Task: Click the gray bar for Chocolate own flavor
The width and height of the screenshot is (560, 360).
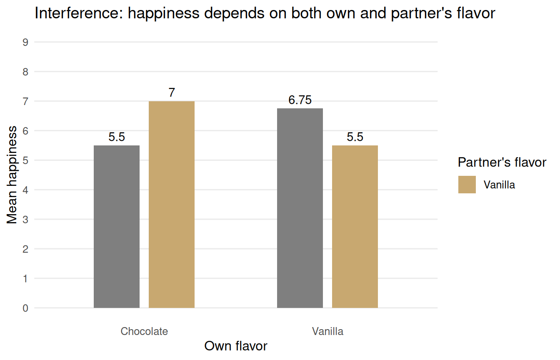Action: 117,227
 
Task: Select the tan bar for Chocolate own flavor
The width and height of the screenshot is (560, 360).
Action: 172,205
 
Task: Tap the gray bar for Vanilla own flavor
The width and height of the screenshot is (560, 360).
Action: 300,208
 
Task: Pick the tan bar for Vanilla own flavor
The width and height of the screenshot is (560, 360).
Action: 355,227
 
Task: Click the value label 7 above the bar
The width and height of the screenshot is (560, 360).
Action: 172,93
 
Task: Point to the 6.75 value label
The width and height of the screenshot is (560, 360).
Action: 300,100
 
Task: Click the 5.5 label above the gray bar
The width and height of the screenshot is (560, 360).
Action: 117,137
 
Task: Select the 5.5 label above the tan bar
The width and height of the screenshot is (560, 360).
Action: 355,137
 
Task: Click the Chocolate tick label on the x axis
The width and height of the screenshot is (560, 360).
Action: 144,332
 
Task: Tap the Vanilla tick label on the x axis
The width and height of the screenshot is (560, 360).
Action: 327,332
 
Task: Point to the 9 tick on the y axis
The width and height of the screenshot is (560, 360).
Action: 26,42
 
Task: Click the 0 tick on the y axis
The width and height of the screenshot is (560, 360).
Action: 26,308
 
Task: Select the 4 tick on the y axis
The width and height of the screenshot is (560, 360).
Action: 26,190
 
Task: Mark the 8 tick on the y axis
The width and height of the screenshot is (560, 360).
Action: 26,72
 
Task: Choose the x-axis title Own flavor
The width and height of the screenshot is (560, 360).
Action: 236,346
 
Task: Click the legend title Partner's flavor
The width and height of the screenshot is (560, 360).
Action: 502,162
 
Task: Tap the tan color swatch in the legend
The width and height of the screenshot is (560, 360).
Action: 467,185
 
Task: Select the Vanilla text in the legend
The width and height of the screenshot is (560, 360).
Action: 499,185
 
